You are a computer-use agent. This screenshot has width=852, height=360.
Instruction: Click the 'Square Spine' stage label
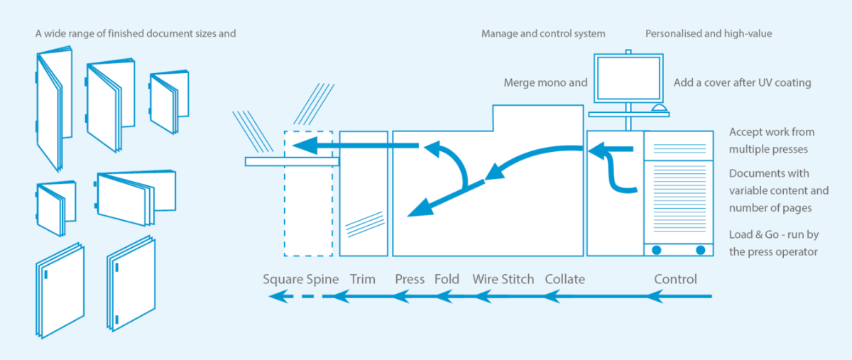click(300, 280)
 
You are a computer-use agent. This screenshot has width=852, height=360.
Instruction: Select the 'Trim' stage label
click(363, 279)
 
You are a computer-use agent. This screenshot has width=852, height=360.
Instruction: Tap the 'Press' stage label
click(410, 279)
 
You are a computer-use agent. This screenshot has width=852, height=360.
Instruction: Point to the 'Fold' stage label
click(447, 279)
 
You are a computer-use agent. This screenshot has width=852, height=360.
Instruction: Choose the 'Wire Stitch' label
click(503, 279)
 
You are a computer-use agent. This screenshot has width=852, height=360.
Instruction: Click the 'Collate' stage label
click(565, 279)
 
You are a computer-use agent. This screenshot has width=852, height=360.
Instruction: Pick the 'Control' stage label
click(675, 279)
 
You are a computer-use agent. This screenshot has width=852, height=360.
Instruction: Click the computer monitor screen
click(628, 78)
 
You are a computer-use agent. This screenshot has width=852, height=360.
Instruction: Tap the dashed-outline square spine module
click(308, 194)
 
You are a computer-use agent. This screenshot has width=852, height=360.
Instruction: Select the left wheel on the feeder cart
click(657, 250)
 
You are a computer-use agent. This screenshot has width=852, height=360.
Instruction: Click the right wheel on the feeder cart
click(701, 250)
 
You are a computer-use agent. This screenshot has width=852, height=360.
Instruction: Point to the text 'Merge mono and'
click(545, 82)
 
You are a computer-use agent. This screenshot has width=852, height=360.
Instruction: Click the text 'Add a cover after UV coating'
click(742, 83)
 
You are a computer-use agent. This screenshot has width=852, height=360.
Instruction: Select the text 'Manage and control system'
click(543, 34)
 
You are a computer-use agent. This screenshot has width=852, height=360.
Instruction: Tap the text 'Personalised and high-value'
click(709, 34)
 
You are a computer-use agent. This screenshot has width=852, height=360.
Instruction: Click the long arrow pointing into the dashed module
click(355, 146)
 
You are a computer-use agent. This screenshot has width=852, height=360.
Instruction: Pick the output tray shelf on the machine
click(292, 162)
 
